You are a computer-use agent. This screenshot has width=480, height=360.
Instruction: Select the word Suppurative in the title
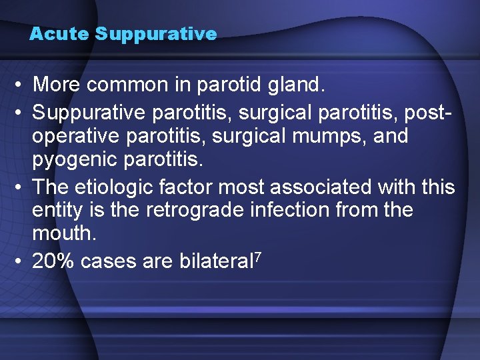click(x=156, y=34)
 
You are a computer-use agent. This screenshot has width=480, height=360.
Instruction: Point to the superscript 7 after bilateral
click(x=257, y=256)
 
